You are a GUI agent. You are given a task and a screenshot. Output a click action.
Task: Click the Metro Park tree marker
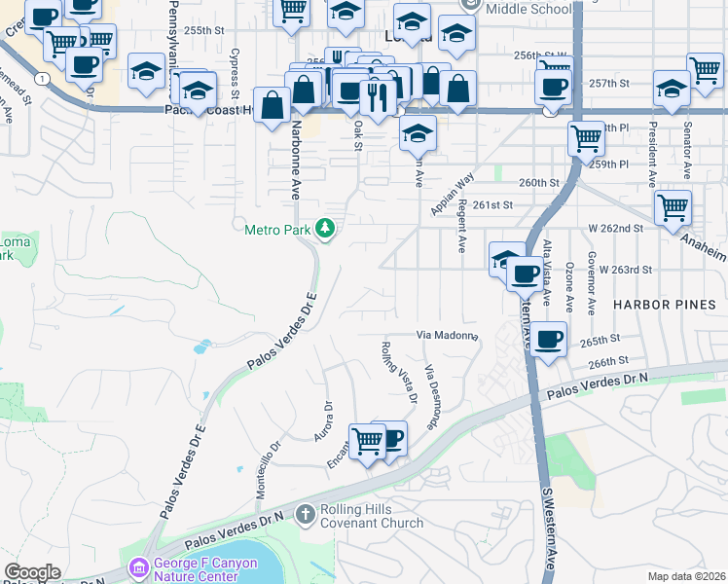(x=325, y=230)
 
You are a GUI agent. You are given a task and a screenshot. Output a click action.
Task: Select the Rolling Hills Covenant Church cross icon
(x=305, y=512)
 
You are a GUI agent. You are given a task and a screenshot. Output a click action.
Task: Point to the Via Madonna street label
(x=449, y=336)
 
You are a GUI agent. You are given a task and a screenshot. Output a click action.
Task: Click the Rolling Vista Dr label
(x=399, y=372)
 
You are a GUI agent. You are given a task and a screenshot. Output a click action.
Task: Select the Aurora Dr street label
(x=323, y=422)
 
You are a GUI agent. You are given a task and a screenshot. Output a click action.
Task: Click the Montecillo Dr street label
(x=268, y=470)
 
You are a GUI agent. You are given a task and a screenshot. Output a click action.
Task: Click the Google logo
(x=32, y=572)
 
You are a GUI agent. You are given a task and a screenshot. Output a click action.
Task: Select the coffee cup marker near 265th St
(x=548, y=339)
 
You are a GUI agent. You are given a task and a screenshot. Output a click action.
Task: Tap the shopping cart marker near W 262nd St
(x=673, y=206)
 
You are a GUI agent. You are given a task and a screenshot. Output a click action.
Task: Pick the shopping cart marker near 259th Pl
(x=586, y=138)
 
